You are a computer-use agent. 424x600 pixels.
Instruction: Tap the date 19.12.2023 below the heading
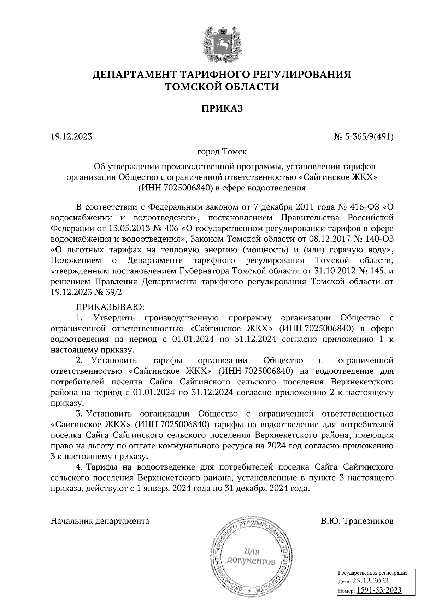(x=71, y=136)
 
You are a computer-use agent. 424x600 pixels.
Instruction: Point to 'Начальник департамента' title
(x=100, y=521)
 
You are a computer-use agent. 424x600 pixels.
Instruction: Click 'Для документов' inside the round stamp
(x=251, y=556)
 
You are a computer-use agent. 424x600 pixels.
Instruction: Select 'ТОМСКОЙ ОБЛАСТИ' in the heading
(x=222, y=86)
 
